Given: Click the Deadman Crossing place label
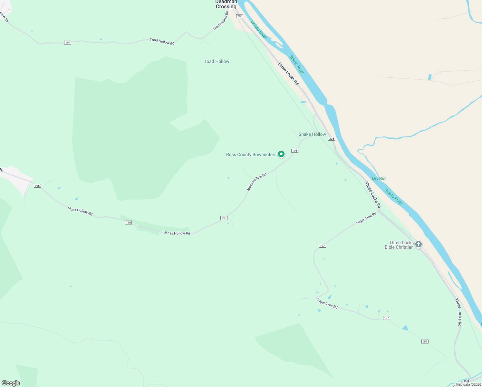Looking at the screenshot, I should [x=226, y=4].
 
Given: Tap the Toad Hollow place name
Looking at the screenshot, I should [x=217, y=61].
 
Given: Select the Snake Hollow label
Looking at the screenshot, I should [x=312, y=134].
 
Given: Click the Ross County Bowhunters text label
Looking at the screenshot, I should [x=251, y=155].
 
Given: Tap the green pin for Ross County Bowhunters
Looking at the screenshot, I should [x=281, y=154].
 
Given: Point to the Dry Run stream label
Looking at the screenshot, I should [x=379, y=178].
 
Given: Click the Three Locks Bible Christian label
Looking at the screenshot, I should [x=399, y=245].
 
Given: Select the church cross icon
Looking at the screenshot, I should [x=418, y=244].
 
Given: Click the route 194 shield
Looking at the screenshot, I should [x=68, y=43].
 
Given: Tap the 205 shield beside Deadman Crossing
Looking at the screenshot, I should [x=239, y=16].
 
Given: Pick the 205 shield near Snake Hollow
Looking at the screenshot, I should [x=332, y=139].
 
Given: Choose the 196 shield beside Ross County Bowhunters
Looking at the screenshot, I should [x=294, y=151].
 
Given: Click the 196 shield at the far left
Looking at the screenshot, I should [x=37, y=186].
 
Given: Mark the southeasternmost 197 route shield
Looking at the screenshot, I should [x=425, y=342].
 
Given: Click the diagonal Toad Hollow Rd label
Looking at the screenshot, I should [x=220, y=21].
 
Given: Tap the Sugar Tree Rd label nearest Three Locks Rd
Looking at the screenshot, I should [x=366, y=218].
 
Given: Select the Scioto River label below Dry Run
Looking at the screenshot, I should [x=393, y=196].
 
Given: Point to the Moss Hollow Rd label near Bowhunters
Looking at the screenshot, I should [x=257, y=182].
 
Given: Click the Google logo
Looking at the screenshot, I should [x=11, y=383].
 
